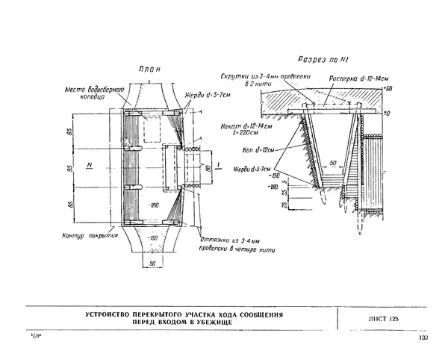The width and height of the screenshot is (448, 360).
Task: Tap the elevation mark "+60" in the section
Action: tap(388, 90)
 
